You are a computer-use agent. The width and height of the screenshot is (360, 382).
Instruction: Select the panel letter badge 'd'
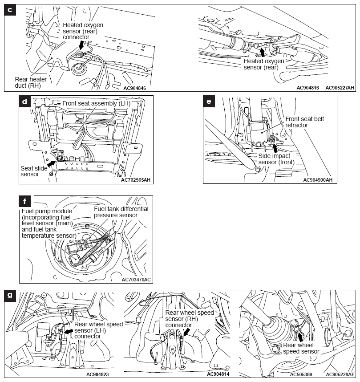(25, 102)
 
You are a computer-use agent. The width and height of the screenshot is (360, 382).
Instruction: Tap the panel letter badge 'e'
(209, 102)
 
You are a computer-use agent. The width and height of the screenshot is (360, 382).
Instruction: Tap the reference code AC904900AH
(318, 180)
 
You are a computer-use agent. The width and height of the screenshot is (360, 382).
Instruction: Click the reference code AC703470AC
(136, 280)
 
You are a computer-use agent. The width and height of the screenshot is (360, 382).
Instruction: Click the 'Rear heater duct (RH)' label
(31, 82)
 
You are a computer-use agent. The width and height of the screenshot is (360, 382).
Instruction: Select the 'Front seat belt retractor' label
(303, 122)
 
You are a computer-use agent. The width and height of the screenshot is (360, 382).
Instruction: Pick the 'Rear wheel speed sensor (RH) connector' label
(189, 319)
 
